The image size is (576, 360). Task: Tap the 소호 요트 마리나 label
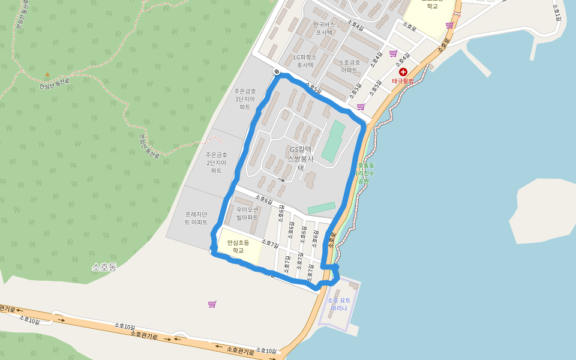(339, 304)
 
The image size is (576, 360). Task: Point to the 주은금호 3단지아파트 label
(245, 99)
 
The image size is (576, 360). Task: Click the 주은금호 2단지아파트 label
(216, 163)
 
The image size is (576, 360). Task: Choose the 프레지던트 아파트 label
(196, 218)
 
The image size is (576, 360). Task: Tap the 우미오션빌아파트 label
(247, 214)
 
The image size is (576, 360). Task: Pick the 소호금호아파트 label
(349, 66)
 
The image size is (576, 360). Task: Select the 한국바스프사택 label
(324, 28)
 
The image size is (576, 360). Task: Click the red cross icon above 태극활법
(403, 72)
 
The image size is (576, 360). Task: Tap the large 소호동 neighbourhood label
(104, 267)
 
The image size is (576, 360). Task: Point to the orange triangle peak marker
(47, 75)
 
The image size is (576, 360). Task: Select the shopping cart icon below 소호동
(212, 304)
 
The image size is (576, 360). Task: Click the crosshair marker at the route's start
(277, 72)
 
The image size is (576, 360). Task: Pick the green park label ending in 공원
(365, 173)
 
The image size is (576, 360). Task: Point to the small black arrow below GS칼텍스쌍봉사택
(282, 179)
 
